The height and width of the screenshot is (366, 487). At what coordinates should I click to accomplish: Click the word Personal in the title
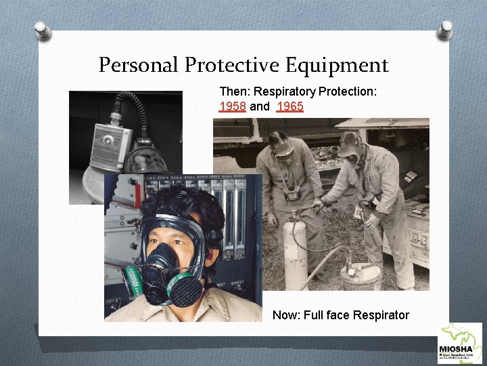click(x=139, y=66)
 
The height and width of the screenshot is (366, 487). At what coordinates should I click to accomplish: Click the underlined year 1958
click(x=233, y=106)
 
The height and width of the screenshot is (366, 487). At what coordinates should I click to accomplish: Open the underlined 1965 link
click(x=289, y=106)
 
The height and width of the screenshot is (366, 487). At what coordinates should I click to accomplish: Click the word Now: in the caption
click(x=285, y=314)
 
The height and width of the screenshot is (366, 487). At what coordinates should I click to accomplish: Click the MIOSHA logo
click(x=461, y=344)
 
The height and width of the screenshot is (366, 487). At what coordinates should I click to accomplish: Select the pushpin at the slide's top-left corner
click(x=43, y=30)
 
